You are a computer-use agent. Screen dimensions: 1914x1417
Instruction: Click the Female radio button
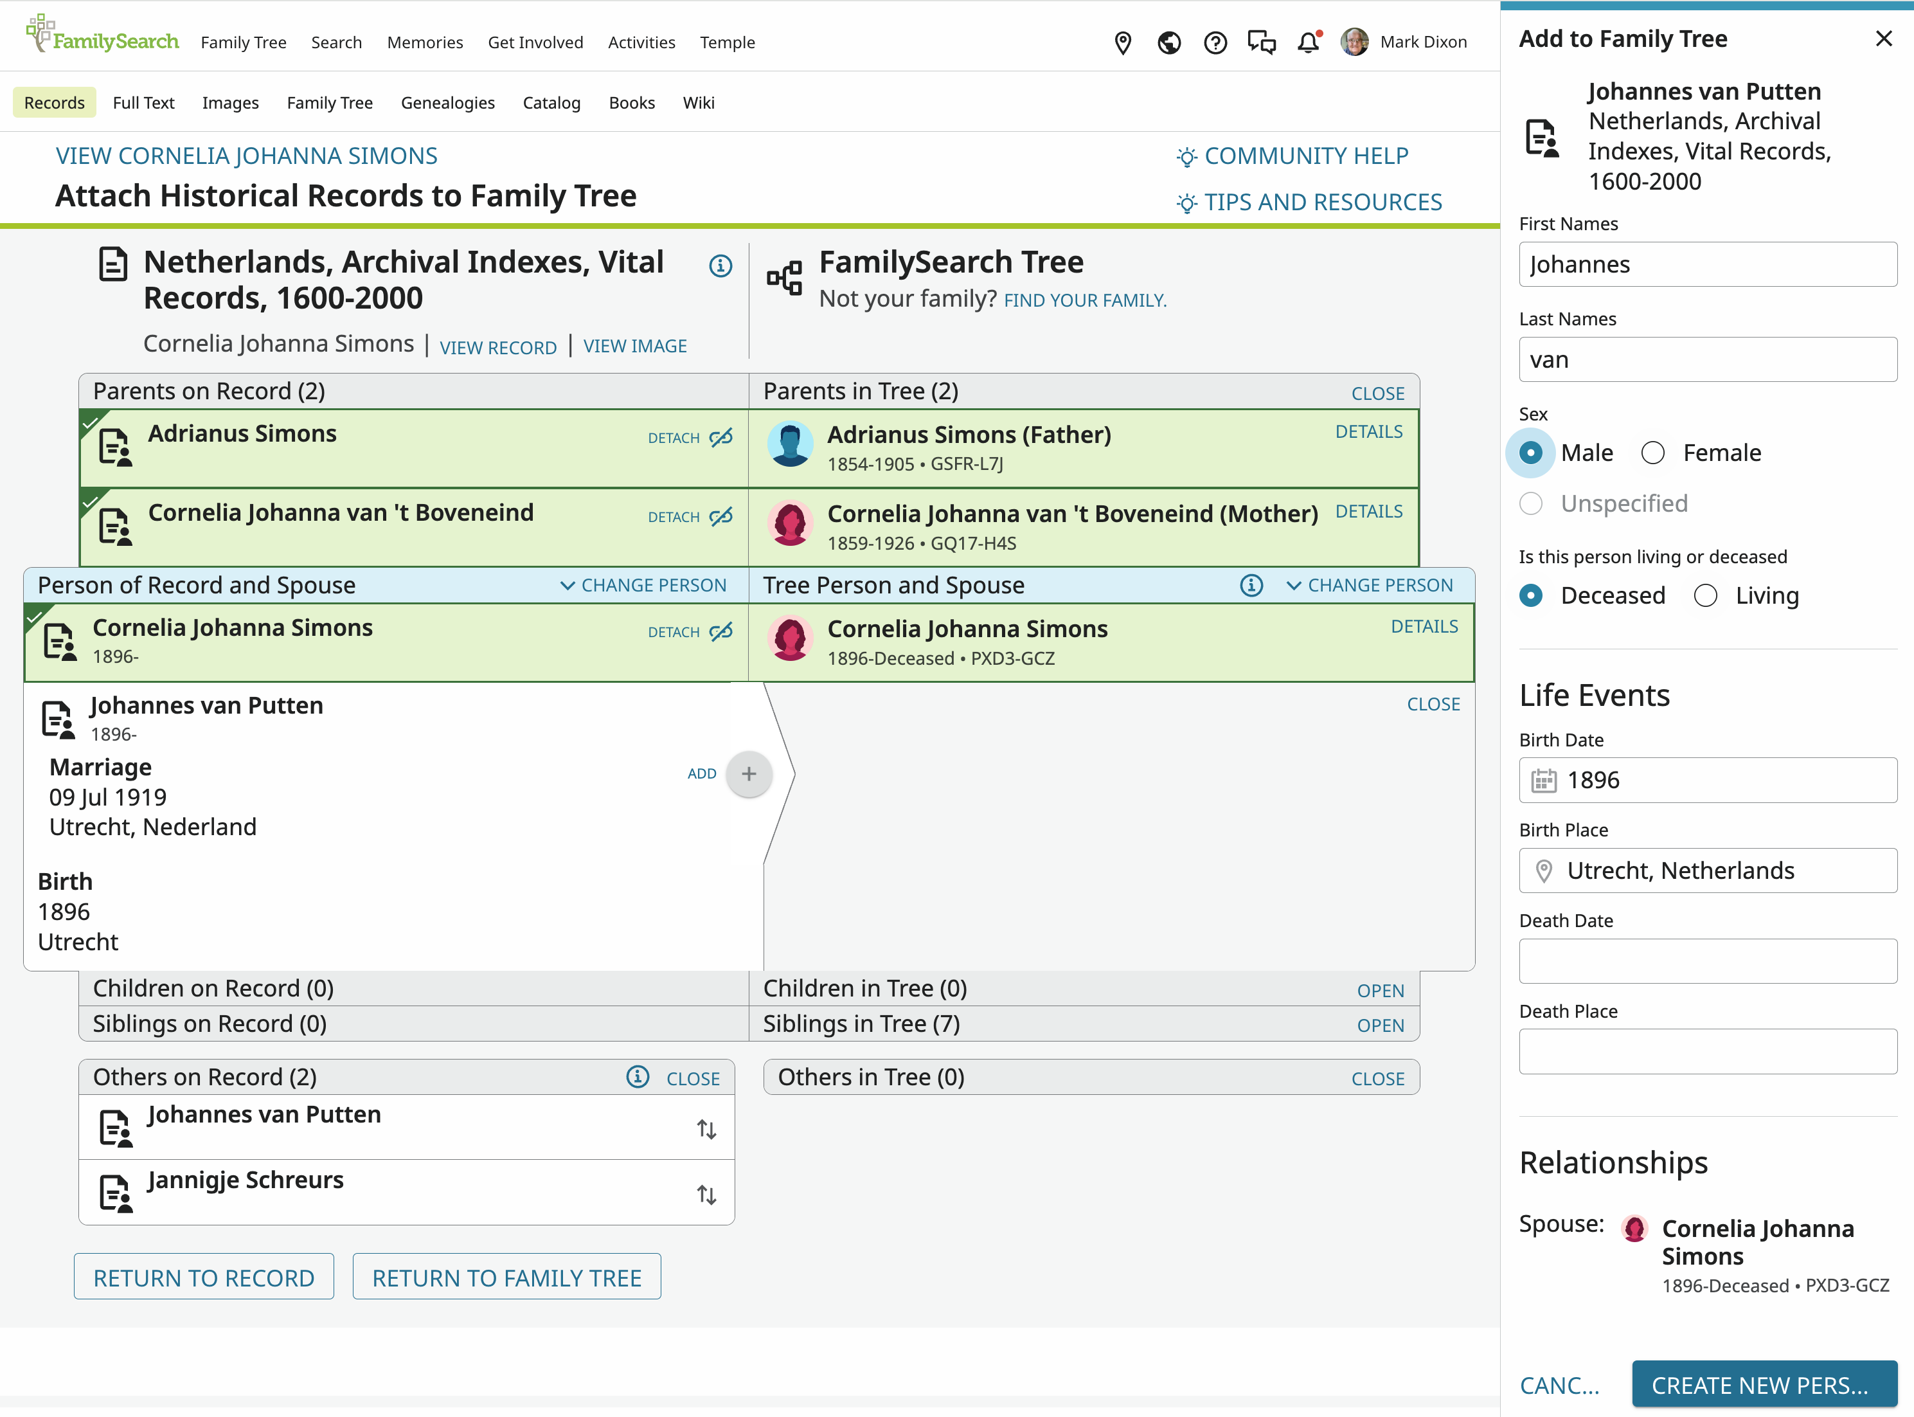[x=1652, y=453]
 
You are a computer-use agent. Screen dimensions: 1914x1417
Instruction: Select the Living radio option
[x=1704, y=595]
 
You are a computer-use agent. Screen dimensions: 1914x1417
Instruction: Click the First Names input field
[x=1707, y=264]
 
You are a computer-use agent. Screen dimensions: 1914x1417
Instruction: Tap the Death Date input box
[x=1707, y=961]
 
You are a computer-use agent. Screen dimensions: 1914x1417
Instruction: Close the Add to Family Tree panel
[x=1883, y=39]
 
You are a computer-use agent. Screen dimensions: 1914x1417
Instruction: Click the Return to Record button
[x=204, y=1277]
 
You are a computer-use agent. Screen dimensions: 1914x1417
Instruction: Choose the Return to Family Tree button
[x=507, y=1277]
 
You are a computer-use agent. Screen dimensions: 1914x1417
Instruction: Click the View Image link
[x=634, y=346]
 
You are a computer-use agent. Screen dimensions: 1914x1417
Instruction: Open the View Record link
[x=498, y=347]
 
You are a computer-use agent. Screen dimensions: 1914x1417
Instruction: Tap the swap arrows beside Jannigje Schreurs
[x=706, y=1194]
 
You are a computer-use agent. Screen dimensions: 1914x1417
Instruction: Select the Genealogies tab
[x=447, y=102]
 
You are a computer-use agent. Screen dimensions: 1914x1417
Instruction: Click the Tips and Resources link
[x=1309, y=203]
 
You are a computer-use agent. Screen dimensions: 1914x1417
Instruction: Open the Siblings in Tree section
[x=1380, y=1025]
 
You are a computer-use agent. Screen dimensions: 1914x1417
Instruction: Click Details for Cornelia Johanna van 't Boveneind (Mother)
[x=1368, y=511]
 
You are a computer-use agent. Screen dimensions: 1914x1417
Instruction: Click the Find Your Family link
[x=1085, y=300]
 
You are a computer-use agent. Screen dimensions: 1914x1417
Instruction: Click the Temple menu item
[x=727, y=42]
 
